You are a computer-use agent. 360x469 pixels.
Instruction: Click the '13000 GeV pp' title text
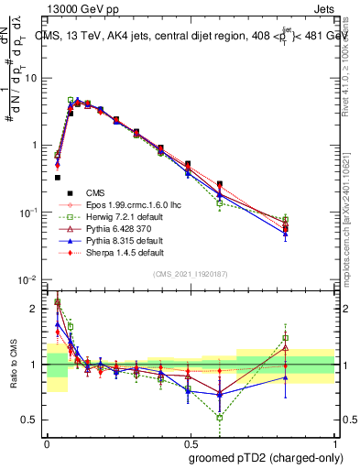click(76, 8)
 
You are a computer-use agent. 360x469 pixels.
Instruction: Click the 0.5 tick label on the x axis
click(189, 441)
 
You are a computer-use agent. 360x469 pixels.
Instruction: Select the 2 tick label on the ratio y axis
click(38, 309)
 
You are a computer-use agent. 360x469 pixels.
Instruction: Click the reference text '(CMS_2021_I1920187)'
click(190, 274)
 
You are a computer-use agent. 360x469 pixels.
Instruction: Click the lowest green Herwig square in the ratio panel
click(220, 418)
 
